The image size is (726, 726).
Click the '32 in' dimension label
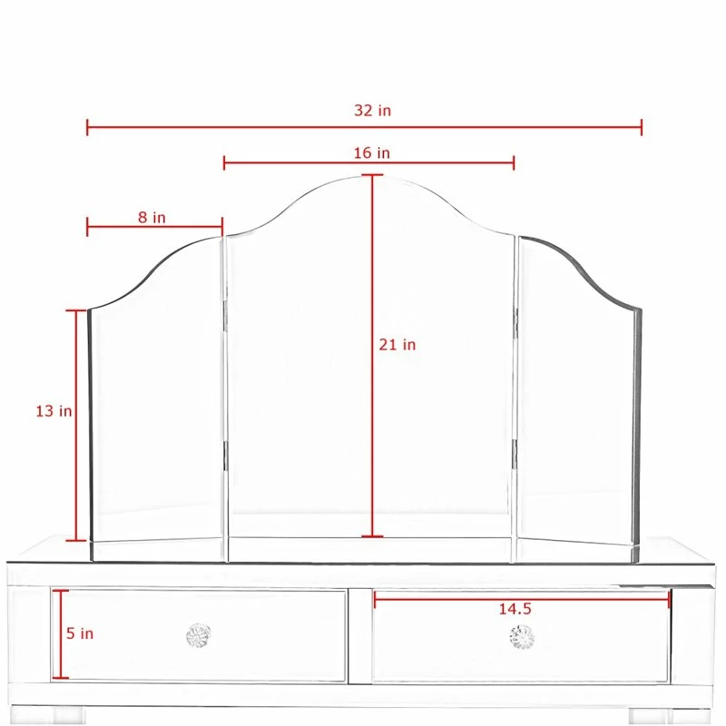[x=372, y=111]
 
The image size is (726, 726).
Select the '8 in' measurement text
[x=152, y=217]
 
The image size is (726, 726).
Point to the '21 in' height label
[x=397, y=345]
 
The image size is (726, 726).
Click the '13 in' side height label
[x=54, y=411]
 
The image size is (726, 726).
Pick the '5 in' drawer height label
[x=80, y=633]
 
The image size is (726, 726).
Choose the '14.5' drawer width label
[x=515, y=609]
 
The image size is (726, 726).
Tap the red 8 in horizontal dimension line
[x=154, y=227]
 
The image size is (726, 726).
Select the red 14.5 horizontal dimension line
[x=522, y=597]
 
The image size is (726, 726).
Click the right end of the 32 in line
[x=641, y=126]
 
